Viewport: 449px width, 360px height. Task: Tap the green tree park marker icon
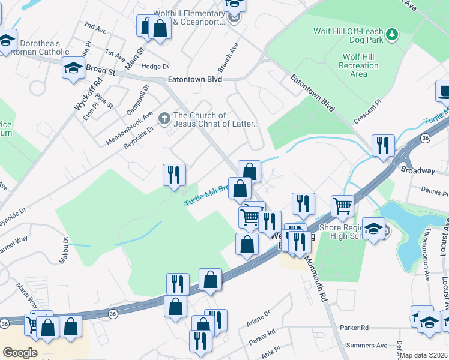click(393, 34)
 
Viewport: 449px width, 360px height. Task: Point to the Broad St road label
click(100, 70)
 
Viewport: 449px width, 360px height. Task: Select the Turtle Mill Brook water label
click(206, 196)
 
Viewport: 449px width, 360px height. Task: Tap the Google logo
click(20, 352)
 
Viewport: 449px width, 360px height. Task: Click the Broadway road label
click(418, 171)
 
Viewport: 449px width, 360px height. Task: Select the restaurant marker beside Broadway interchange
click(382, 146)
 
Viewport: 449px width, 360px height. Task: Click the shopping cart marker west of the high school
click(342, 206)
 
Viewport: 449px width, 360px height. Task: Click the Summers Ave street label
click(373, 345)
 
